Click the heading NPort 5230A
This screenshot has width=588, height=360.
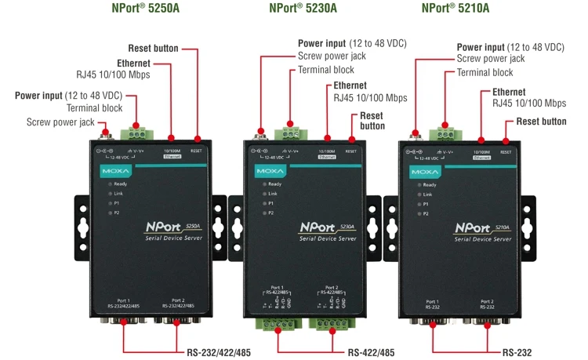point(303,9)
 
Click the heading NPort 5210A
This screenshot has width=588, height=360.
point(456,9)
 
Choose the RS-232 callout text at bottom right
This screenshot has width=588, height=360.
point(518,353)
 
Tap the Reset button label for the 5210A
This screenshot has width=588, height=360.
point(541,121)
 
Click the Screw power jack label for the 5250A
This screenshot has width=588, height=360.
point(60,122)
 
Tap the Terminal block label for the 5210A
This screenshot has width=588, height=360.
point(485,72)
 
